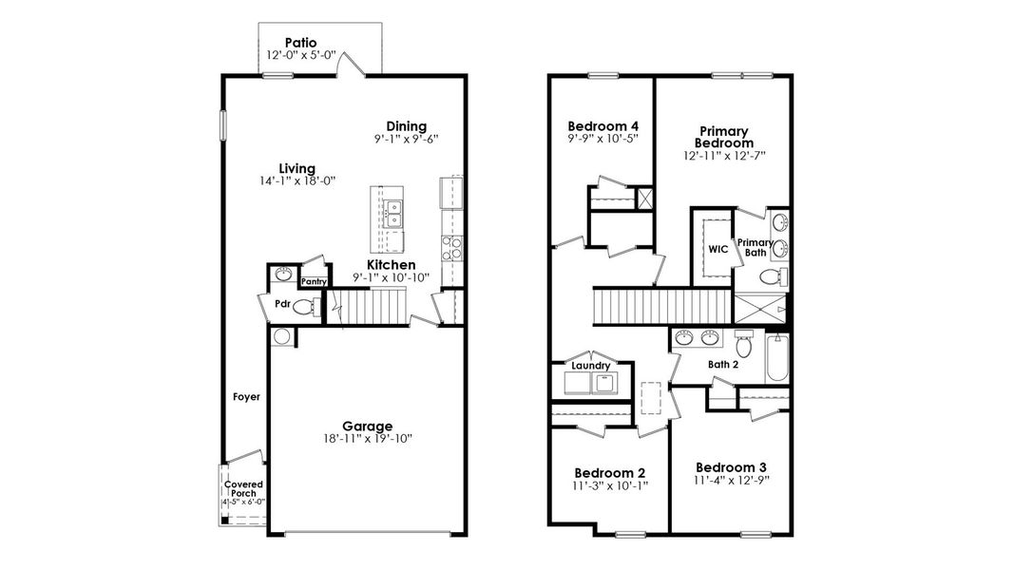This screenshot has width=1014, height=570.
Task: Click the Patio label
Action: pyautogui.click(x=300, y=43)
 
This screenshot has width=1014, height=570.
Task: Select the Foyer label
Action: pyautogui.click(x=247, y=397)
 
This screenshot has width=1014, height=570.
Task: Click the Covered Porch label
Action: pyautogui.click(x=243, y=490)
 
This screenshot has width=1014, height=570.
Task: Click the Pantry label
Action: pyautogui.click(x=314, y=282)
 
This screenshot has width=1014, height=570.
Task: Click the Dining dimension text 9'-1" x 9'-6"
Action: pyautogui.click(x=406, y=139)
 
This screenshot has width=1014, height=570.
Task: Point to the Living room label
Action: pyautogui.click(x=297, y=168)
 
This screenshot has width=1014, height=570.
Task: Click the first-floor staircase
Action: pyautogui.click(x=373, y=306)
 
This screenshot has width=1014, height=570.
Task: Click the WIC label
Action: pyautogui.click(x=717, y=249)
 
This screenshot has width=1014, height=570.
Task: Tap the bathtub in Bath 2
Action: pyautogui.click(x=776, y=356)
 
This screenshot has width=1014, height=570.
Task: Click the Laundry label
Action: pyautogui.click(x=590, y=365)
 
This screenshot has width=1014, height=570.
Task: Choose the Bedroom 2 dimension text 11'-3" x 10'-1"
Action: pyautogui.click(x=609, y=486)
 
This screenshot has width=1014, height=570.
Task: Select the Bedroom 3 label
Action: pyautogui.click(x=731, y=467)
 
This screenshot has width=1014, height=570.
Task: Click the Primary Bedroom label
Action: pyautogui.click(x=724, y=137)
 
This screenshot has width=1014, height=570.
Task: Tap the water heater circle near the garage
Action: pyautogui.click(x=281, y=335)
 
